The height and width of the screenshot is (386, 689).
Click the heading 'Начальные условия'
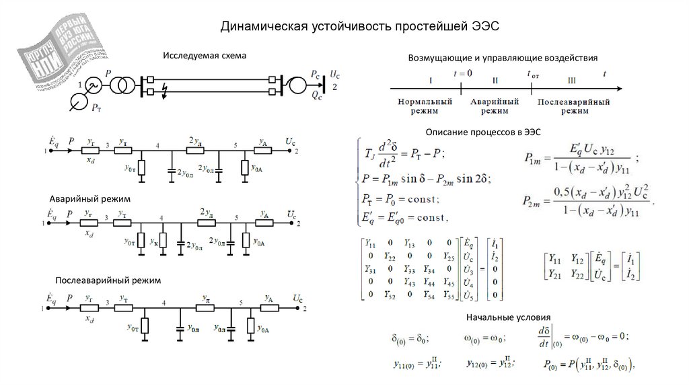(507, 317)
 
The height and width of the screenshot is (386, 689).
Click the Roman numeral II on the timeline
(495, 80)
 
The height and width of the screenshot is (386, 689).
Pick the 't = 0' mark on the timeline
(463, 72)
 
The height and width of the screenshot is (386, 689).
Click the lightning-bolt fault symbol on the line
(165, 92)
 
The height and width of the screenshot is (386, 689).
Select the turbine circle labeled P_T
(79, 102)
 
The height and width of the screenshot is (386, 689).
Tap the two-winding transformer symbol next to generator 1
(120, 85)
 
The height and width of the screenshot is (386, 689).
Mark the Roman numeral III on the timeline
(572, 80)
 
